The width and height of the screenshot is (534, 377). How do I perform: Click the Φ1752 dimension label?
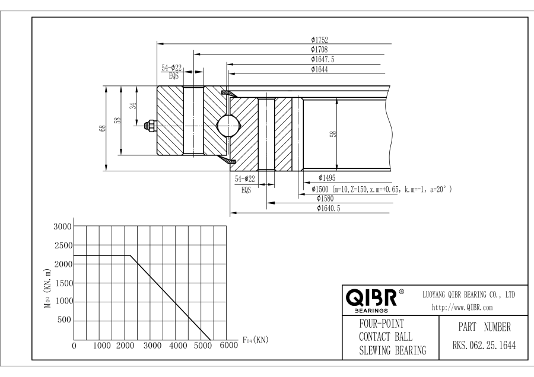[319, 40]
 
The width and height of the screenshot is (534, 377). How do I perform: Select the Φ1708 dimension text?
[319, 50]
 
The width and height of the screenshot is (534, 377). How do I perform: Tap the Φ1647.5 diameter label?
[323, 59]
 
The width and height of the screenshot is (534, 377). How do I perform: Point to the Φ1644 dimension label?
[319, 69]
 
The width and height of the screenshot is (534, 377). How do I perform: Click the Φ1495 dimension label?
[328, 178]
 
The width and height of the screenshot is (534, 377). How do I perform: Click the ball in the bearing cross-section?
[228, 126]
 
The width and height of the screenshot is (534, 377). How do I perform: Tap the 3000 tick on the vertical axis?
[62, 227]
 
